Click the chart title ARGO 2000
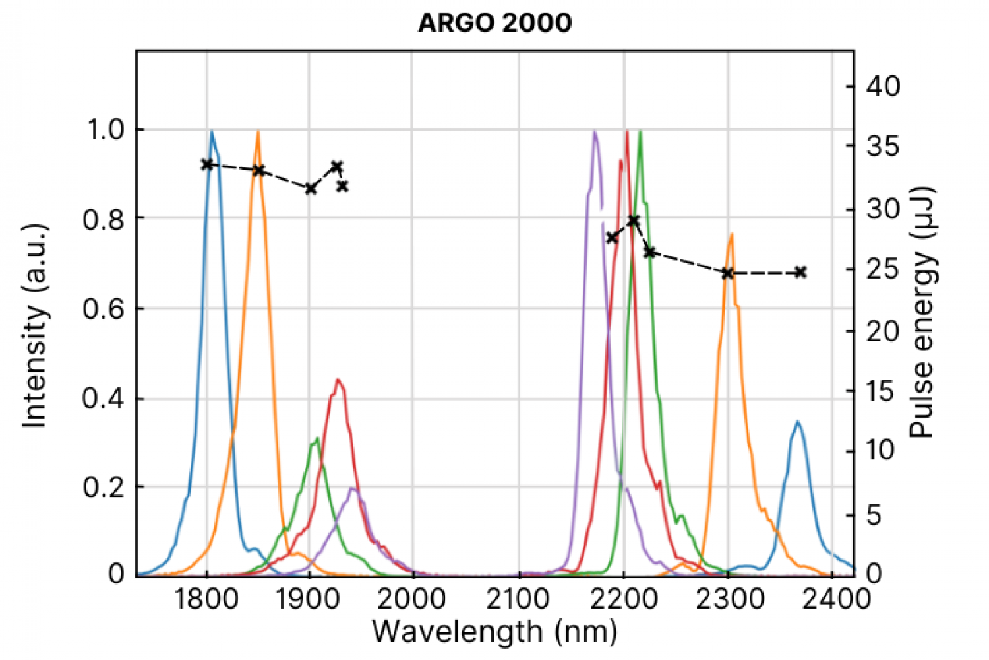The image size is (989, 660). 494,23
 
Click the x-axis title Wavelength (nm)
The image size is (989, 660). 494,632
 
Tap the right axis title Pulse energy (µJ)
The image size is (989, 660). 922,313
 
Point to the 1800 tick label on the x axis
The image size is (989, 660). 207,599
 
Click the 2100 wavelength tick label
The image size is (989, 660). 518,599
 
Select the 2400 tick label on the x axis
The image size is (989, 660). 832,599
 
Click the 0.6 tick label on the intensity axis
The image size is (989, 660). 103,309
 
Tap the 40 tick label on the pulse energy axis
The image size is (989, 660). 883,86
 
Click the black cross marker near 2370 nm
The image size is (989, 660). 800,272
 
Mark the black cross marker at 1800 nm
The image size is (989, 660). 207,164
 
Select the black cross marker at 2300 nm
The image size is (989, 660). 728,273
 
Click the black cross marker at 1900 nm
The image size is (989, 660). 311,189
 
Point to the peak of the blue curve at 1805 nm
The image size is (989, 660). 212,131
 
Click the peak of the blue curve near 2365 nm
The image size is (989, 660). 798,422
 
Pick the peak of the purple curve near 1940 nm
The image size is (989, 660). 353,488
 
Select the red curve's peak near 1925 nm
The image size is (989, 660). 338,379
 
